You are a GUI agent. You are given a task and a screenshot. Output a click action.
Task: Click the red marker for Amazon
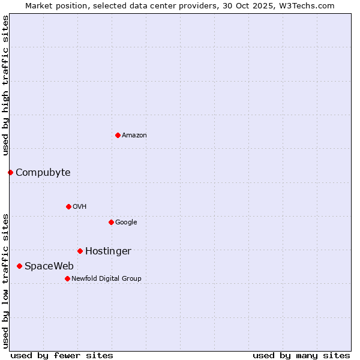point(118,135)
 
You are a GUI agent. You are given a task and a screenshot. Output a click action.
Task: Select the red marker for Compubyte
point(10,172)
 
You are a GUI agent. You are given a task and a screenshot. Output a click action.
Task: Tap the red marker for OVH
point(68,206)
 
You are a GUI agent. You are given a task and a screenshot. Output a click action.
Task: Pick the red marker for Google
point(111,222)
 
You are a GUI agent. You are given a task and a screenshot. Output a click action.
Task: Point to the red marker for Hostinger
point(80,251)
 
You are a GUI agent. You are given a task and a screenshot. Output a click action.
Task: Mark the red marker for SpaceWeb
point(19,266)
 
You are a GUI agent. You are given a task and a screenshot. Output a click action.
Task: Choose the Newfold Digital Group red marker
point(67,278)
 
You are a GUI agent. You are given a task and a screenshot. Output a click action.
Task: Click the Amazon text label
point(134,136)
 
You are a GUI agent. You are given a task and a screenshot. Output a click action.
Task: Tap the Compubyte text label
point(43,173)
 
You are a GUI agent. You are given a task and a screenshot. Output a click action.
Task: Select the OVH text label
point(80,207)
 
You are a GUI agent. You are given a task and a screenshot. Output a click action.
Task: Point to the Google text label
point(126,223)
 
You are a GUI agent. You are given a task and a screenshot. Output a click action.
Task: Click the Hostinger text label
point(108,251)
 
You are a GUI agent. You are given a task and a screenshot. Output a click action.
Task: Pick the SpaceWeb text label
point(49,266)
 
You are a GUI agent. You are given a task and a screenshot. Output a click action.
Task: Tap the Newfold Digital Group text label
point(106,279)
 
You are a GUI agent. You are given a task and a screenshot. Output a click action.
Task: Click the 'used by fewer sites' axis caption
point(62,356)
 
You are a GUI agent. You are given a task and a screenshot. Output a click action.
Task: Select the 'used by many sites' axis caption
point(301,356)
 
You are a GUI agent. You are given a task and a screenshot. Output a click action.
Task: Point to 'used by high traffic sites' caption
point(5,85)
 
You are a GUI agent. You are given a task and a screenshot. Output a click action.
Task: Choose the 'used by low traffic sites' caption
point(5,281)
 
